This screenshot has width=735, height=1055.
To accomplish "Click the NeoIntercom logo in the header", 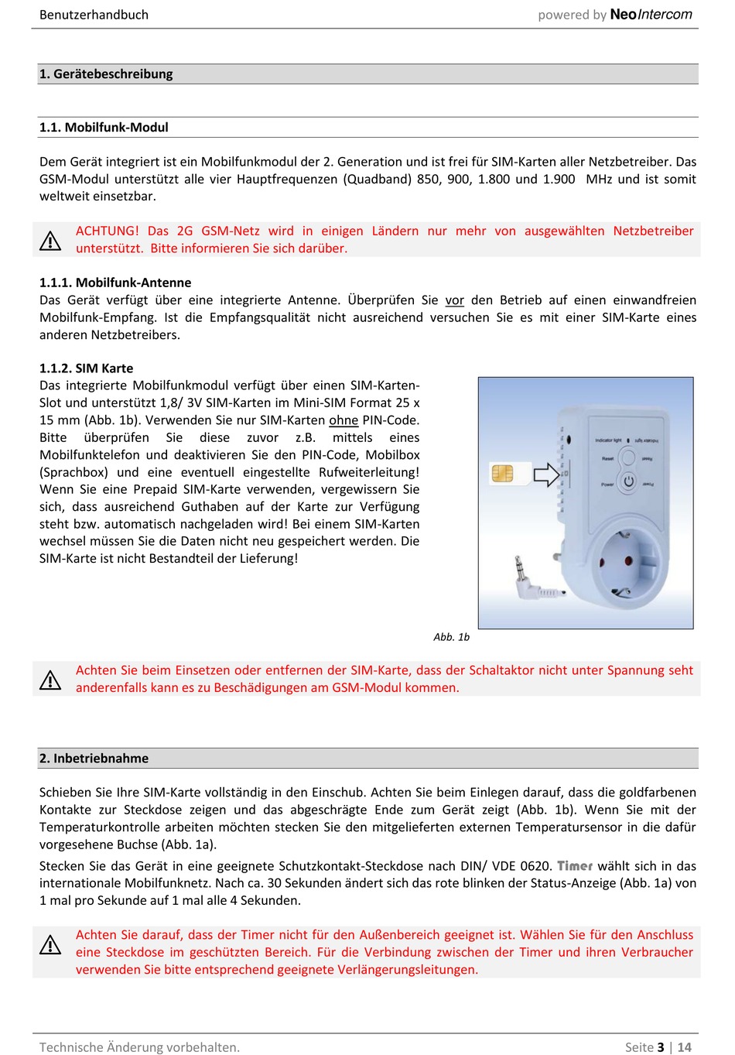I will [x=651, y=15].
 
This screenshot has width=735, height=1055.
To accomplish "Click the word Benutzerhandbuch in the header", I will [x=94, y=15].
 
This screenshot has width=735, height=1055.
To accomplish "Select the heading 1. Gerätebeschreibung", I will [x=106, y=74].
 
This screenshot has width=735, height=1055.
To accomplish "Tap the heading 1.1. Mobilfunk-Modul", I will [x=104, y=128].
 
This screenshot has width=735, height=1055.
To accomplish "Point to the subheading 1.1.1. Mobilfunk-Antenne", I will [x=115, y=283].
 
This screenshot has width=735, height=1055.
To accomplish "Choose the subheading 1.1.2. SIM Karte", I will [x=86, y=368].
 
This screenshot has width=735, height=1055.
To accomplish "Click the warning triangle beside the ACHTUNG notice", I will [x=50, y=241].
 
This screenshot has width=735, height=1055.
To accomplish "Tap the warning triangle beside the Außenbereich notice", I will [x=50, y=944].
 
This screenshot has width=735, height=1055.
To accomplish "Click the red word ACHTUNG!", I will [x=107, y=231].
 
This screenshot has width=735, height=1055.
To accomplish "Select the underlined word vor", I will [x=455, y=300].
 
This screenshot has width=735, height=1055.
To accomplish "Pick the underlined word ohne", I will [x=344, y=420].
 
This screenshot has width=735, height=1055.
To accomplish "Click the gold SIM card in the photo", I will [x=503, y=473].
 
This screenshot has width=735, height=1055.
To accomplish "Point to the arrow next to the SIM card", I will [x=546, y=474].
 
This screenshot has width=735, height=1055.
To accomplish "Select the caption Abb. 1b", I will [x=451, y=637].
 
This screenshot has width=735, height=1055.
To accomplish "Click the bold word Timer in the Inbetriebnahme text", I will [x=575, y=866].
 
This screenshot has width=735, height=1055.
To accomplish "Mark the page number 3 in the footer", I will [x=661, y=1047].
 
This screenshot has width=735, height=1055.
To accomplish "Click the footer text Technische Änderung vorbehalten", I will [x=139, y=1047].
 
